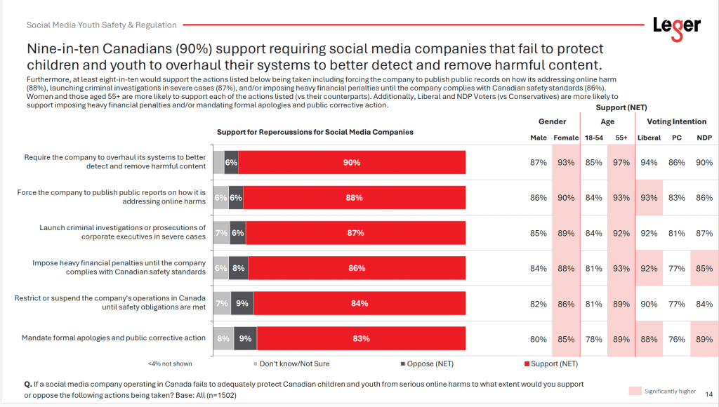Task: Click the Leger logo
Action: (676, 26)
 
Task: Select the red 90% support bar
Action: (352, 163)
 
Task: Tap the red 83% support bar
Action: (362, 338)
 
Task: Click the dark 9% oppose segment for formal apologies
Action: (245, 338)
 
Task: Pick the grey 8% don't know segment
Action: (223, 338)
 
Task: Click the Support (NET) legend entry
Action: (551, 363)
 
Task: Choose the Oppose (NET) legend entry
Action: (426, 363)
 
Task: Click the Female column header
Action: (566, 138)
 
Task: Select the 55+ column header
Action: (621, 138)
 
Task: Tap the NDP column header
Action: (704, 138)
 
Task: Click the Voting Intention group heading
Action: (677, 121)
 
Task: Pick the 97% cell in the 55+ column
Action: (621, 163)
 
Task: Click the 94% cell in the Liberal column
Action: (649, 163)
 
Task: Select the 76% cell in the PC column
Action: (677, 339)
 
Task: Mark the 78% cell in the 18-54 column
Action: (594, 339)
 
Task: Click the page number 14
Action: (708, 394)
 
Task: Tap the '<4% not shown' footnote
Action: (169, 363)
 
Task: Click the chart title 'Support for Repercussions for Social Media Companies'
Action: (315, 132)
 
